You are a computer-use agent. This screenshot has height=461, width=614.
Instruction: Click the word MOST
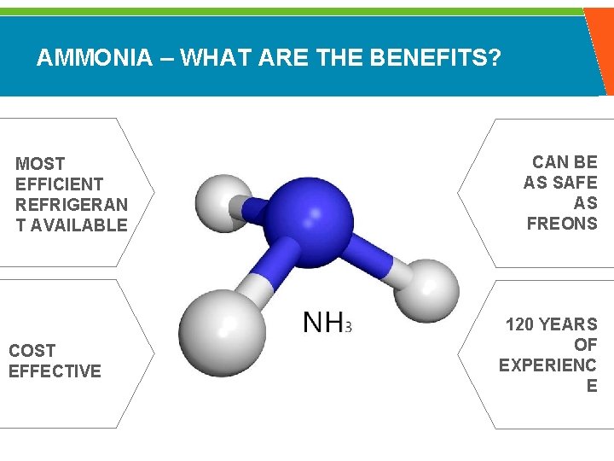click(40, 163)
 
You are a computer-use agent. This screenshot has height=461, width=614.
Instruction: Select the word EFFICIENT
click(59, 184)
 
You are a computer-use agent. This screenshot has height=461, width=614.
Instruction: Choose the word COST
click(32, 350)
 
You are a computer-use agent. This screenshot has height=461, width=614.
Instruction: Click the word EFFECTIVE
click(55, 371)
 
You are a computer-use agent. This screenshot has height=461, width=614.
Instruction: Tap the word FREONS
click(562, 224)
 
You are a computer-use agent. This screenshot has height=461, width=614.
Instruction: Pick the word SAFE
click(574, 183)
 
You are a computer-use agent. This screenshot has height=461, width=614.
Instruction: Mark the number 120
click(520, 324)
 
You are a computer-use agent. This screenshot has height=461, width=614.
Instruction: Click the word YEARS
click(570, 324)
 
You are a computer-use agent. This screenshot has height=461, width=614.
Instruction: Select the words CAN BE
click(565, 162)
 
